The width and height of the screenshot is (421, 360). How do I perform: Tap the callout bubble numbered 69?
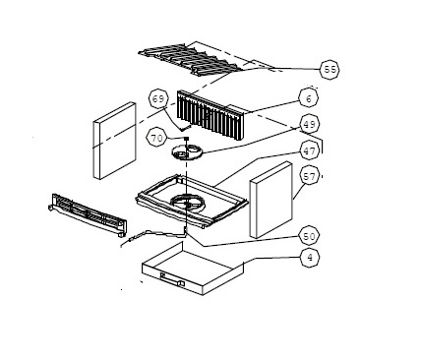159,99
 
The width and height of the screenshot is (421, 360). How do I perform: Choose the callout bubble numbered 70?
157,139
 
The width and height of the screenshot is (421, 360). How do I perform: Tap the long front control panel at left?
89,216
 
